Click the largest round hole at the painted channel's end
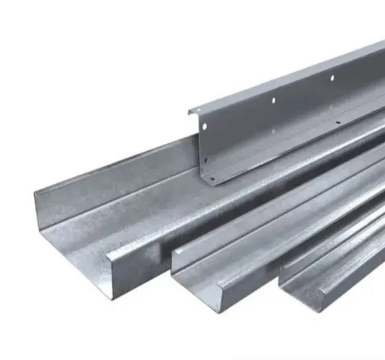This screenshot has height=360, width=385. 203,127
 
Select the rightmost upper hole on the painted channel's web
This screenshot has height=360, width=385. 332,78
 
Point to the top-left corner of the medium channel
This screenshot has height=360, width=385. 172,252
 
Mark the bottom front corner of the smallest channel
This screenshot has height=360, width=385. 316,310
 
